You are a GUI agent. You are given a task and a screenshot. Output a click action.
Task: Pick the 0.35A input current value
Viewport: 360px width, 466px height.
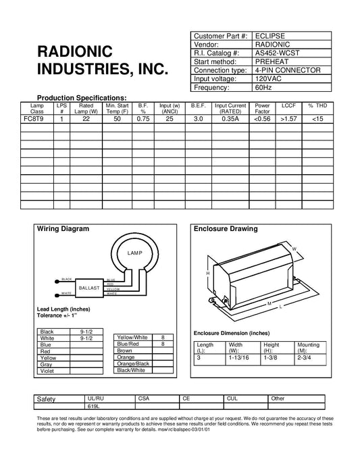(x=230, y=118)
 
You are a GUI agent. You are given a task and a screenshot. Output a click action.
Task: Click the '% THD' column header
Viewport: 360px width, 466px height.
(x=317, y=106)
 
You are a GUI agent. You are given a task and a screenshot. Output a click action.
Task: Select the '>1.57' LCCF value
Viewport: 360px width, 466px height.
(x=288, y=118)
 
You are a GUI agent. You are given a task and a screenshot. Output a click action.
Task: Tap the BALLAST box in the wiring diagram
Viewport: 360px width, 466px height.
(x=89, y=288)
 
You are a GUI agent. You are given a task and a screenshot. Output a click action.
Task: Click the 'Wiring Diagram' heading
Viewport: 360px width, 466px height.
(x=62, y=230)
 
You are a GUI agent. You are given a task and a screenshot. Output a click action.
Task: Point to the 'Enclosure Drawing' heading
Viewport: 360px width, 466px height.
(x=226, y=230)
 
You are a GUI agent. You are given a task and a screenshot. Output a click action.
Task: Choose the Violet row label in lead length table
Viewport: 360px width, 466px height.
(x=47, y=371)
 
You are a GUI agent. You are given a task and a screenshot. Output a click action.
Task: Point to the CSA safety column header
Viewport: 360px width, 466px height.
(x=143, y=399)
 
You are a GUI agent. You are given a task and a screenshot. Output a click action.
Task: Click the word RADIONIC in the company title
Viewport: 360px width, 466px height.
(x=78, y=53)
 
